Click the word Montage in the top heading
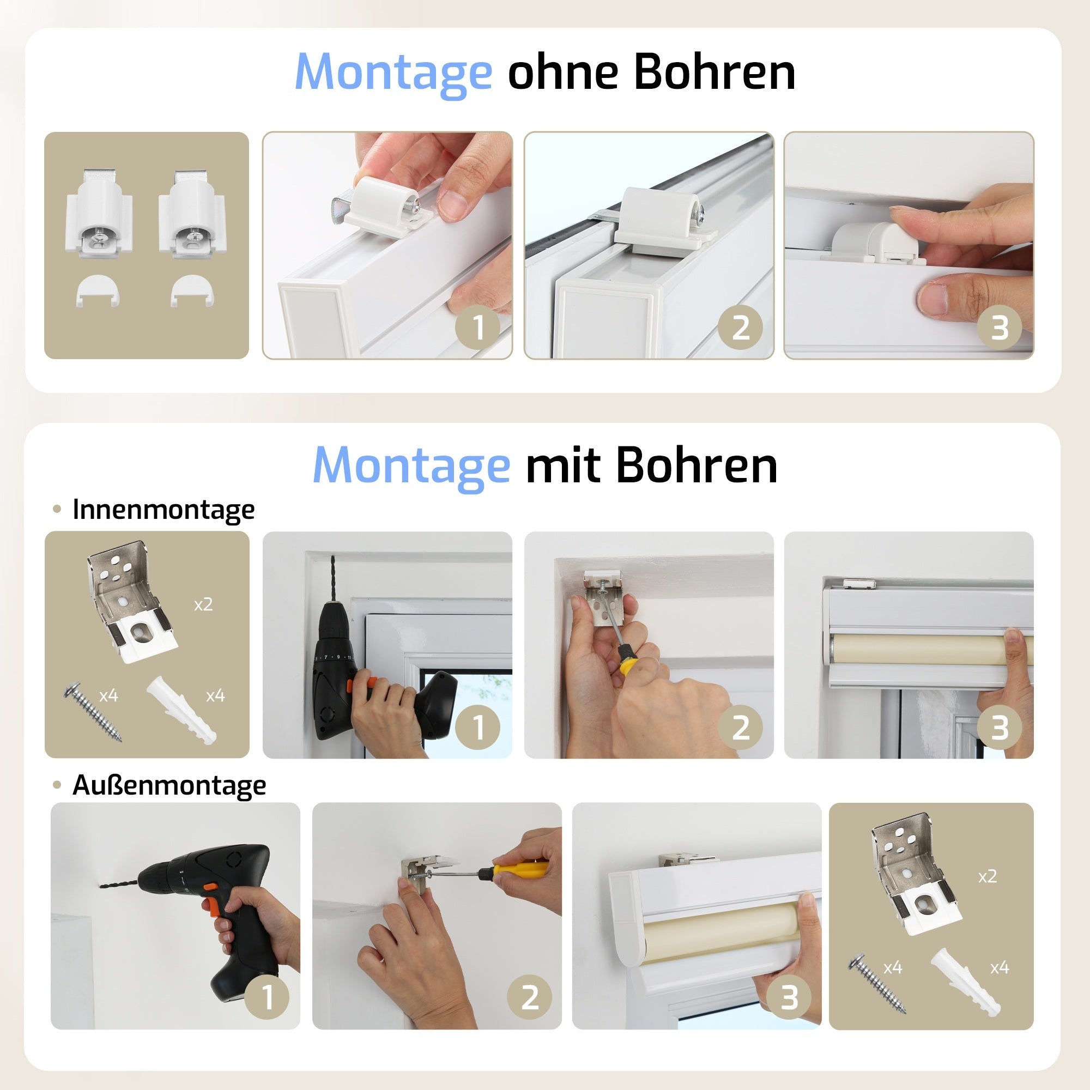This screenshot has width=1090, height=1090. (393, 72)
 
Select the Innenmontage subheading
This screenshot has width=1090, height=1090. (163, 510)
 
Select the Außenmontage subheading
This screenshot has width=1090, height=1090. (169, 785)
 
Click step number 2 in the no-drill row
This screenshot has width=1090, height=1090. (740, 328)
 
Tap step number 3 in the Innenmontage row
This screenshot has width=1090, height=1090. (999, 727)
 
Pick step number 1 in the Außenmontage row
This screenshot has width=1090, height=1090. (268, 997)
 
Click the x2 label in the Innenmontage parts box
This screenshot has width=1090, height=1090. (203, 605)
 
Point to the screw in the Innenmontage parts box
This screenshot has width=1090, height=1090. (93, 712)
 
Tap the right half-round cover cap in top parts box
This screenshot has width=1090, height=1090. (191, 290)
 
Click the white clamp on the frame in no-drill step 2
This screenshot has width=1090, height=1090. (660, 217)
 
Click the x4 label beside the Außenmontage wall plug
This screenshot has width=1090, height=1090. (999, 968)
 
